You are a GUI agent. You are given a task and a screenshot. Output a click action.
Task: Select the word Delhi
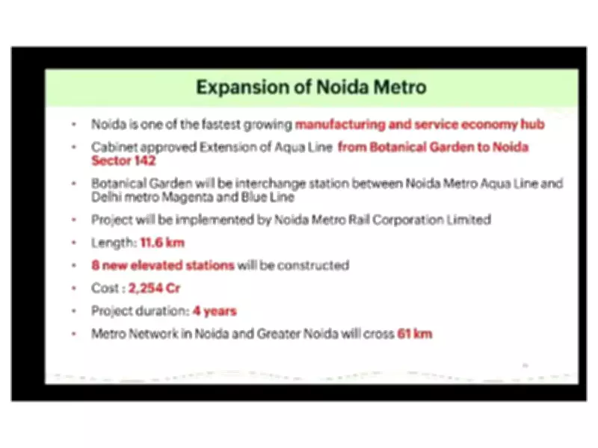click(106, 197)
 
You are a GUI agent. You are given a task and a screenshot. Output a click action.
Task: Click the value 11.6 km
click(161, 243)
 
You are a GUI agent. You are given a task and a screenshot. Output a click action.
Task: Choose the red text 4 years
click(216, 311)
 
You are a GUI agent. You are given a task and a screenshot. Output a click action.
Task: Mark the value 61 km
click(415, 334)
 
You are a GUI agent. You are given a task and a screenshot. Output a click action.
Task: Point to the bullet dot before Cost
click(73, 288)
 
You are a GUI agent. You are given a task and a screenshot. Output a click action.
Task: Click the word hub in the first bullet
click(534, 125)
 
